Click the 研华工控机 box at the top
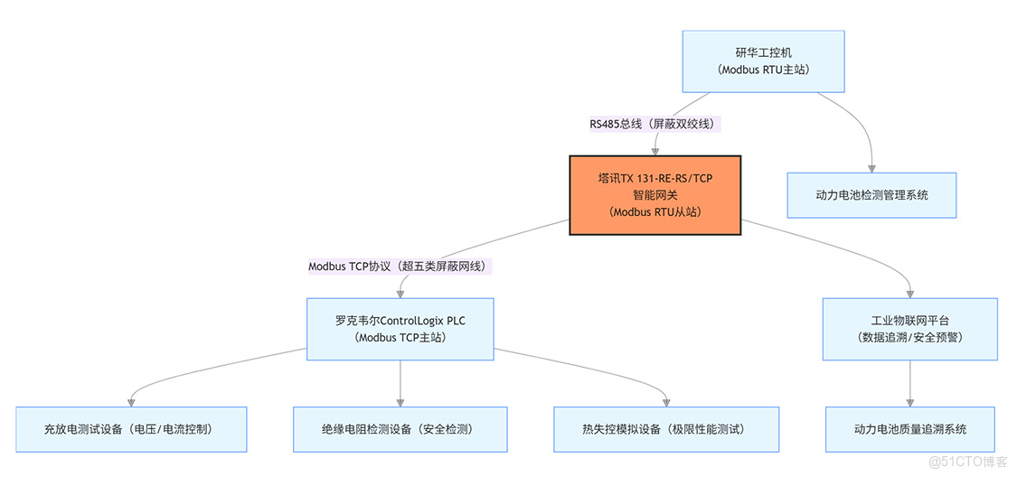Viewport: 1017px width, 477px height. (x=763, y=61)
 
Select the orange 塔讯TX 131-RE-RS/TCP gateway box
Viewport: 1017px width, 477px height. (x=654, y=195)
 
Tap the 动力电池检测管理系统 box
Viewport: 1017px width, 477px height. (x=871, y=195)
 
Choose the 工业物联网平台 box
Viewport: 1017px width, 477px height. (x=910, y=329)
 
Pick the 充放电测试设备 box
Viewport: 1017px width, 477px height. (x=132, y=429)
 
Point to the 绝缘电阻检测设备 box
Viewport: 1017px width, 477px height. (x=400, y=429)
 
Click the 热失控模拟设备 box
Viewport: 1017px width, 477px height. (x=667, y=429)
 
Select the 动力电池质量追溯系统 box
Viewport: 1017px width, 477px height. (x=910, y=429)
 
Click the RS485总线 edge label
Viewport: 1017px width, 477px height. (x=655, y=124)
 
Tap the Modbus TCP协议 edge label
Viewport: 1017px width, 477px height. (x=400, y=267)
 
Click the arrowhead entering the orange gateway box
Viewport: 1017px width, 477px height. (x=655, y=150)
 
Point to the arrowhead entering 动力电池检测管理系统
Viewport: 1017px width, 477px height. (x=871, y=167)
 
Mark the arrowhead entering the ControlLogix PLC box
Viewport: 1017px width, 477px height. (x=400, y=293)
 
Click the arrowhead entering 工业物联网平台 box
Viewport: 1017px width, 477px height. (x=910, y=293)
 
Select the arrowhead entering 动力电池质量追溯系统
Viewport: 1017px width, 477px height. (x=910, y=401)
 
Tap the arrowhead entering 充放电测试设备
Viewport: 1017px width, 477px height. (x=132, y=401)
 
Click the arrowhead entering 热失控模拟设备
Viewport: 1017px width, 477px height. (x=667, y=401)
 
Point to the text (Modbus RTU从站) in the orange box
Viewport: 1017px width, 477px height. (x=654, y=212)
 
